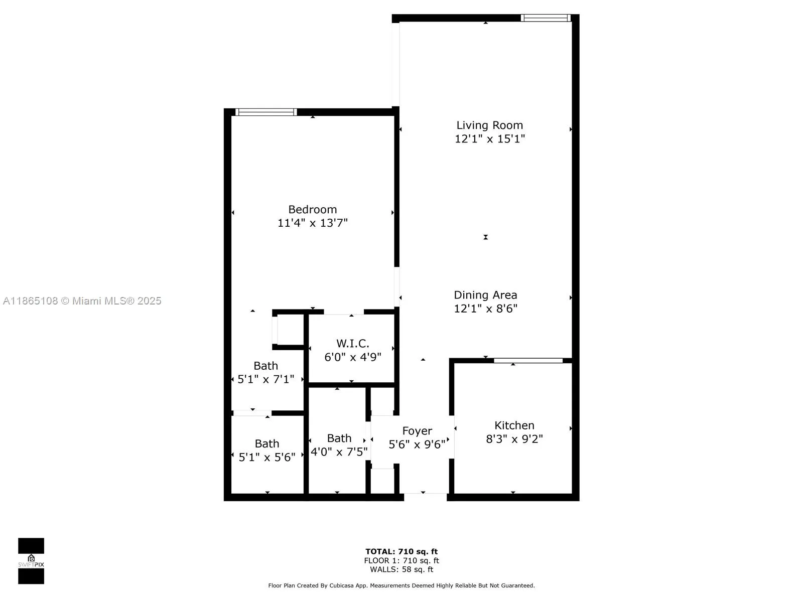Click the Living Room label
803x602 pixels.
pos(489,125)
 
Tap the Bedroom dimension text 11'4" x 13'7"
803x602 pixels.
pos(312,223)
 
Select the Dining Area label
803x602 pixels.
pos(485,295)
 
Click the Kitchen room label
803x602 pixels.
pos(514,425)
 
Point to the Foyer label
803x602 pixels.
pos(417,431)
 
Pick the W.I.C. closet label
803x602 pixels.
pos(352,344)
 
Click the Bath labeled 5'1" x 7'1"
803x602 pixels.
pos(265,372)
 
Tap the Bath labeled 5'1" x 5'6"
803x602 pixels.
pos(266,450)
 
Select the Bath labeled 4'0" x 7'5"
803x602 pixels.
pos(339,445)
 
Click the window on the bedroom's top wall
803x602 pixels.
pos(266,112)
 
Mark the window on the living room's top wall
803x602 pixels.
pos(546,18)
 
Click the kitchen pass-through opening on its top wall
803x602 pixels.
pos(528,360)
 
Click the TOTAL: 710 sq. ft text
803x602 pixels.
pos(401,551)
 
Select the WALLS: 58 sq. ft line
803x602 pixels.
pos(401,569)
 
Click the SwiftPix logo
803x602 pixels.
pos(31,561)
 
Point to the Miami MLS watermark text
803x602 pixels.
pos(82,301)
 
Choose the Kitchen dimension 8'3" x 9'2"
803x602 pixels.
pos(514,439)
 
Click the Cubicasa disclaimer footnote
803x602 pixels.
pos(401,585)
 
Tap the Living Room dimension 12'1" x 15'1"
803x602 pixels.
pos(489,139)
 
